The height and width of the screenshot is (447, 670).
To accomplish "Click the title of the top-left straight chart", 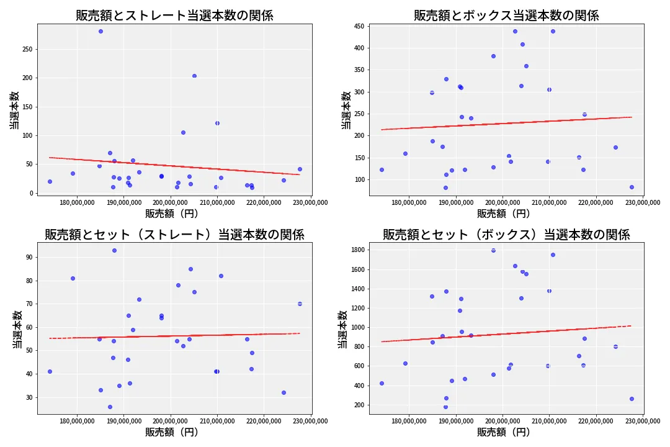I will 174,16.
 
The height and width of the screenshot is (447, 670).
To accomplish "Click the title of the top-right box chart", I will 506,16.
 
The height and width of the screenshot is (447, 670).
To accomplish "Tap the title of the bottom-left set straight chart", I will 174,235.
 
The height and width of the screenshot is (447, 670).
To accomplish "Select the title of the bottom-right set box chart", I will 506,235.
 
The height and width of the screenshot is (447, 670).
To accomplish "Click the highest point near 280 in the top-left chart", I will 100,31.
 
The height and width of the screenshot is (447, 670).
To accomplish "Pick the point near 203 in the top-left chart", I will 194,76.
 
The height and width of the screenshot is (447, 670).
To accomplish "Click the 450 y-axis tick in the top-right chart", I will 359,26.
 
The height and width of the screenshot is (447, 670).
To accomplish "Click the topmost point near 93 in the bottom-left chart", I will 114,250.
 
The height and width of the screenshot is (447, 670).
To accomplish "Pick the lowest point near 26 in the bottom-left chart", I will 110,407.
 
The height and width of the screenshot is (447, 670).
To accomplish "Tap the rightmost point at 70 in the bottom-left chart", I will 300,304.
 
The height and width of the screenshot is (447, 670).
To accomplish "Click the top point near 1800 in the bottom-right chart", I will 493,250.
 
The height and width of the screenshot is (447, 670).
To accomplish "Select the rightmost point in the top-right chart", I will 632,187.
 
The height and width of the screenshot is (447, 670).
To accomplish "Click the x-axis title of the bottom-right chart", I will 503,432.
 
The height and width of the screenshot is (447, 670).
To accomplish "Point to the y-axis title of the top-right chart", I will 346,110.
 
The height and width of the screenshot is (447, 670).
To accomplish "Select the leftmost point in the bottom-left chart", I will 50,371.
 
